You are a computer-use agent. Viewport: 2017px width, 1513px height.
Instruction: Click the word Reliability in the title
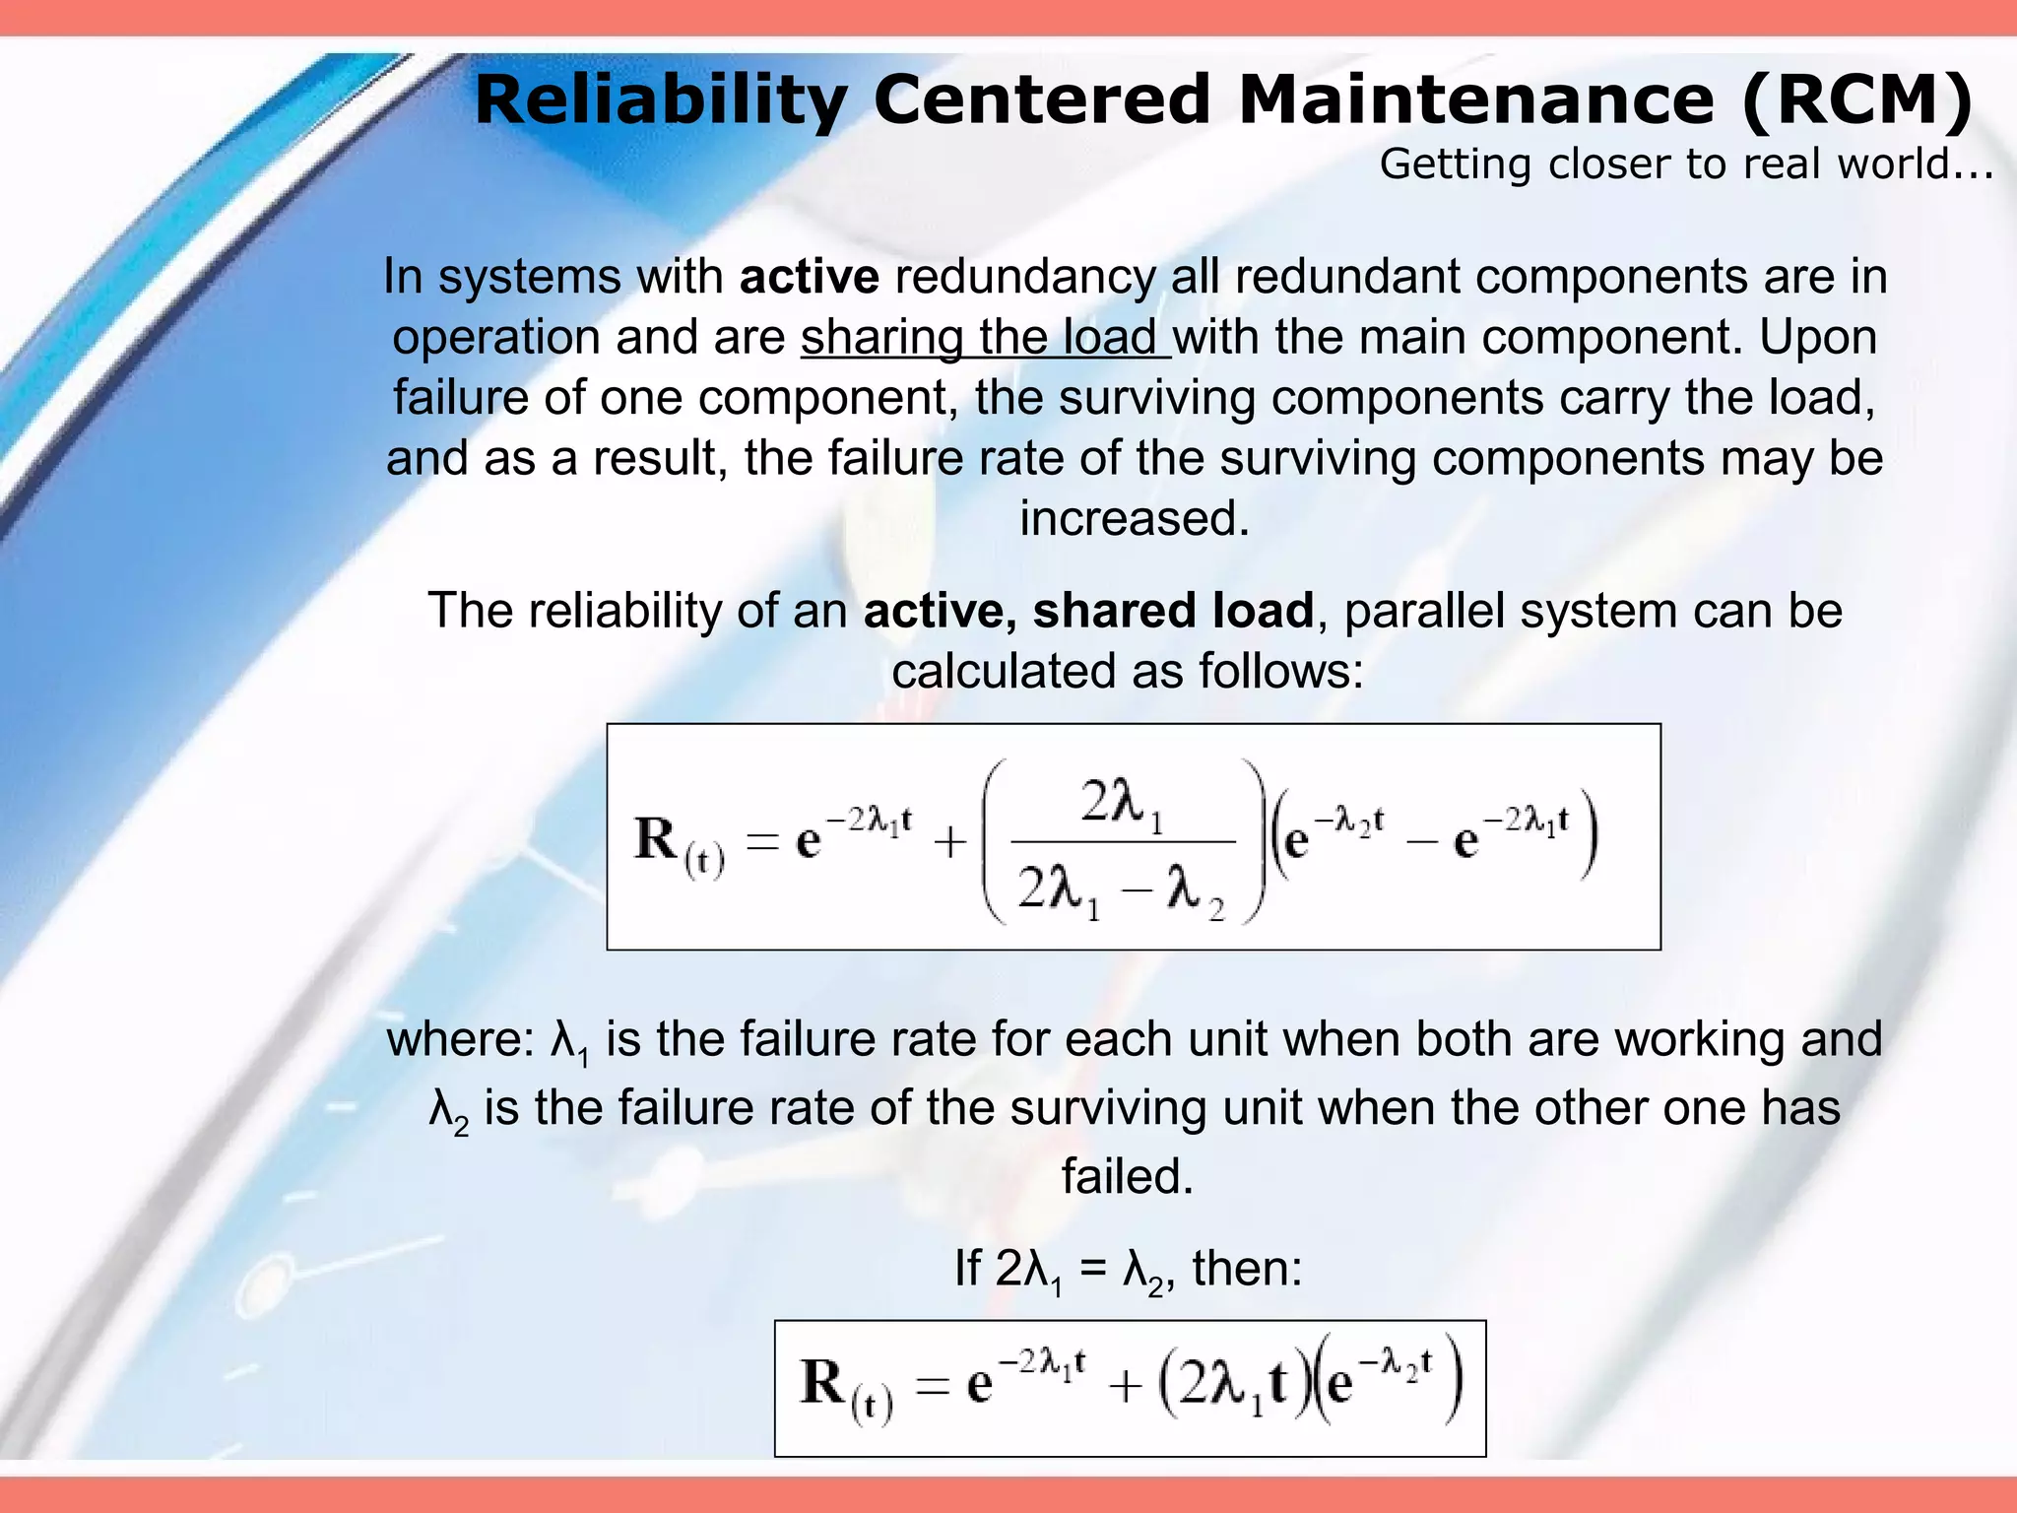coord(661,100)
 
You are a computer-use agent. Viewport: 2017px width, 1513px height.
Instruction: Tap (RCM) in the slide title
coord(1856,100)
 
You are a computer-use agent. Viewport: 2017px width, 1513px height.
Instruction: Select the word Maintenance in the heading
coord(1477,100)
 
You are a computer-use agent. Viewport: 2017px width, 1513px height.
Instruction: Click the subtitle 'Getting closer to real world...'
coord(1686,164)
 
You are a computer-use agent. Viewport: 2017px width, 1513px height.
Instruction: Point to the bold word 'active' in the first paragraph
coord(809,277)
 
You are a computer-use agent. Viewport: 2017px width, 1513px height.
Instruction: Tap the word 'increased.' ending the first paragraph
coord(1134,518)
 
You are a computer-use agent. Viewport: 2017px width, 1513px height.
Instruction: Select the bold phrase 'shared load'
coord(1173,611)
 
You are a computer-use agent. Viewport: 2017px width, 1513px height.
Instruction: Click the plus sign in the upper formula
coord(950,843)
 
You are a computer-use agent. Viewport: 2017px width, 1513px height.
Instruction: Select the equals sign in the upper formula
coord(762,843)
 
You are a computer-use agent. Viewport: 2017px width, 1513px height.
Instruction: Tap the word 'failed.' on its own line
coord(1128,1176)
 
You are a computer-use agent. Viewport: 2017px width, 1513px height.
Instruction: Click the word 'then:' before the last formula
coord(1248,1269)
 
